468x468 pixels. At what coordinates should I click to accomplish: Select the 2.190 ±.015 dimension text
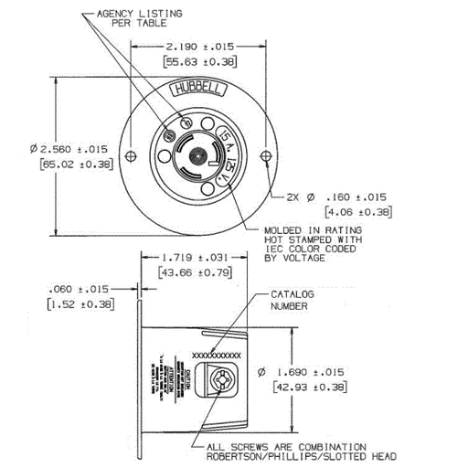(x=199, y=45)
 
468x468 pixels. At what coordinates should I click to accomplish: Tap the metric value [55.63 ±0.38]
(x=199, y=62)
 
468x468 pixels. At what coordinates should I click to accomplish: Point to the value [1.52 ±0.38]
(x=81, y=304)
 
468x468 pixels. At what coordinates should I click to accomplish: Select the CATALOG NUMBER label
(x=292, y=301)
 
